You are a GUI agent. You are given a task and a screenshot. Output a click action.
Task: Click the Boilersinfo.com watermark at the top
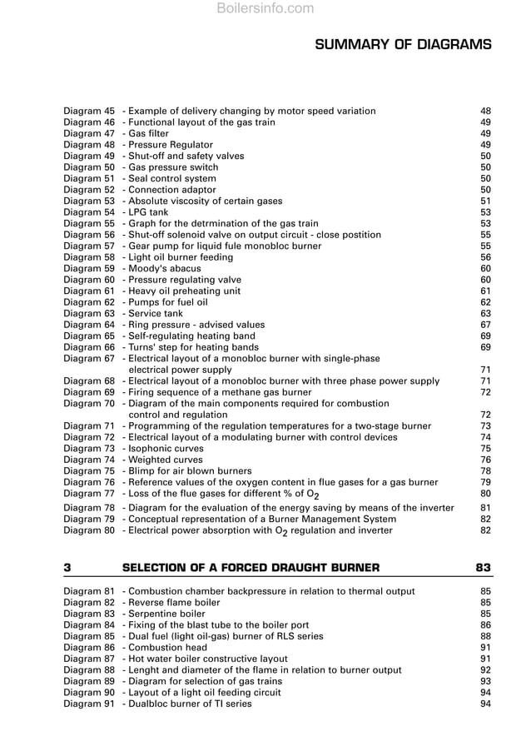265,9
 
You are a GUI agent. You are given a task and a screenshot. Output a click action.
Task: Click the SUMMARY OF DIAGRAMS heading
403,44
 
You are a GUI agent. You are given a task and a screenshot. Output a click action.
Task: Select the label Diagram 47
89,133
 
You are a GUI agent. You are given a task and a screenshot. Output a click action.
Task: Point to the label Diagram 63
89,314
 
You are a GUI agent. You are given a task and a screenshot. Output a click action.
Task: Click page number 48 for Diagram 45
485,111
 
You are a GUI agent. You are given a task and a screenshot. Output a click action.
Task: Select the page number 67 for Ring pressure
485,325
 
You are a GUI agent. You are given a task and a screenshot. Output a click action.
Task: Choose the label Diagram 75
89,470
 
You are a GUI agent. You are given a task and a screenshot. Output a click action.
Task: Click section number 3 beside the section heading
67,568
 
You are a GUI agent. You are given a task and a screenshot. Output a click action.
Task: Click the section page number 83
483,568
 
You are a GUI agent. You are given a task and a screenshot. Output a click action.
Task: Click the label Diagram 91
89,704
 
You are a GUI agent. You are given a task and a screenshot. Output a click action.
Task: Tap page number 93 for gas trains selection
485,681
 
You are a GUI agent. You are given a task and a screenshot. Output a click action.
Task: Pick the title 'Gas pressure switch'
173,167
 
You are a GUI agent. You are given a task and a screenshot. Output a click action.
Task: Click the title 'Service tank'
156,314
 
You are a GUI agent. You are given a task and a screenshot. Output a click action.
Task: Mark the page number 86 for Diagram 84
485,624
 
